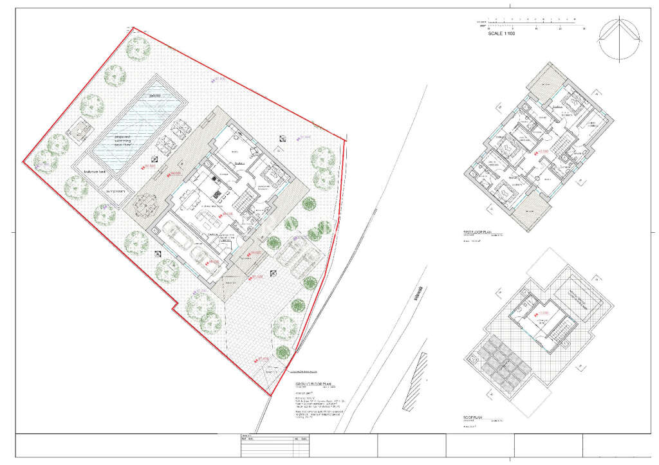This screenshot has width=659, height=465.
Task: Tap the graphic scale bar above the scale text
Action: (535, 24)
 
